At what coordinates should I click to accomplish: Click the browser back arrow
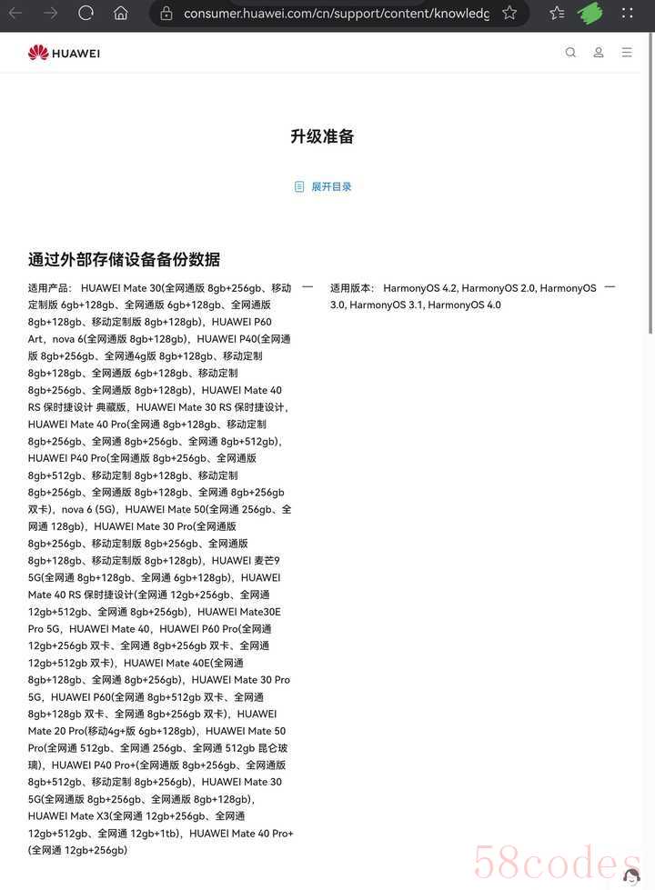[x=15, y=13]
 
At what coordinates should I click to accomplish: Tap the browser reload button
[x=86, y=13]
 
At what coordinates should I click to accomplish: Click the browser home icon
[x=120, y=13]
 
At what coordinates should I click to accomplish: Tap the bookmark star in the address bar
[x=509, y=13]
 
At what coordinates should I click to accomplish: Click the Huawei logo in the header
[x=64, y=53]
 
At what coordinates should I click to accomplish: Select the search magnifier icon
[x=570, y=53]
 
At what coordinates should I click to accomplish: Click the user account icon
[x=599, y=53]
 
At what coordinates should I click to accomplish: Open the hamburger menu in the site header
[x=627, y=53]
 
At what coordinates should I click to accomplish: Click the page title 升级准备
[x=322, y=136]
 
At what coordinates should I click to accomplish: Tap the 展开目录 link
[x=331, y=186]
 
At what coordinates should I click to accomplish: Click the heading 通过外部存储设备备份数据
[x=124, y=259]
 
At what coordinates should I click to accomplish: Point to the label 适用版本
[x=352, y=288]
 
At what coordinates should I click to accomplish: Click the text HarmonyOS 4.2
[x=419, y=288]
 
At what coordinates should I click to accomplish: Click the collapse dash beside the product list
[x=307, y=287]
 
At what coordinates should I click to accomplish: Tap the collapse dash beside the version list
[x=610, y=287]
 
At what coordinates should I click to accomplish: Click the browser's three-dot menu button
[x=628, y=13]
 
